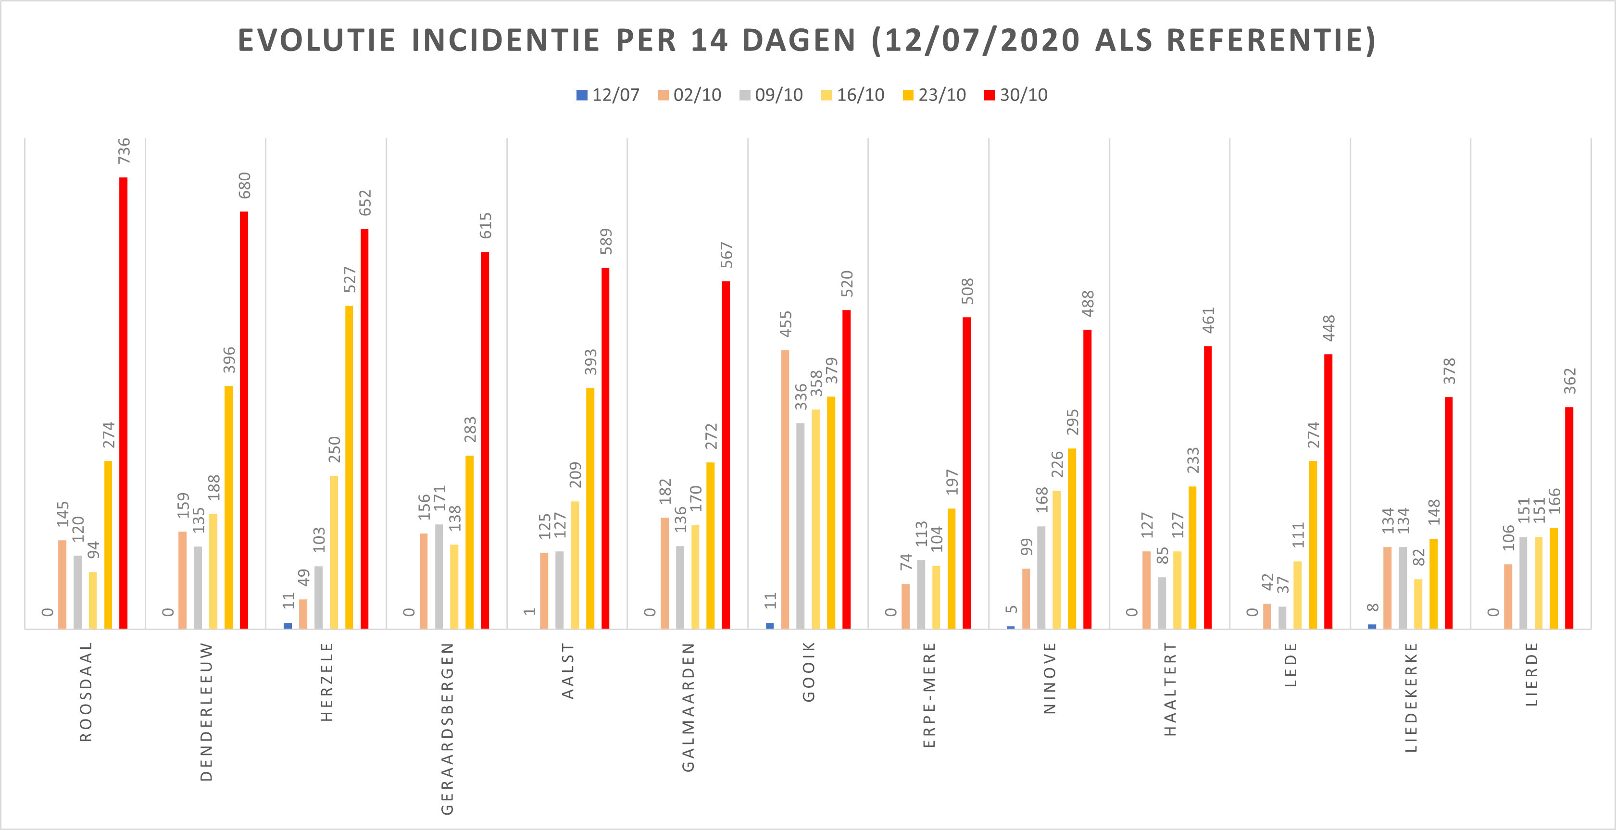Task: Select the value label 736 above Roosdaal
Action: (124, 151)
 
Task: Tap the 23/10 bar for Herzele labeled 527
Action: (349, 467)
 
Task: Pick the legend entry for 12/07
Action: (608, 95)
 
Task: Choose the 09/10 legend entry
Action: (771, 95)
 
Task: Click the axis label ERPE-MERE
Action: (929, 694)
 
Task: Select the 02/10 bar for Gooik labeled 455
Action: (785, 489)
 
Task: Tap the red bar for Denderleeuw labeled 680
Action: (244, 420)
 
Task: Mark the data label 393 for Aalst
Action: (591, 362)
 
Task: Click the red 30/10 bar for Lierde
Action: (1569, 518)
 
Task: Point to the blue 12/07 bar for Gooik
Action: (770, 626)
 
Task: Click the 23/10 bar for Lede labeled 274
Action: (1313, 545)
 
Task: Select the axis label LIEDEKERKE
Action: (1411, 697)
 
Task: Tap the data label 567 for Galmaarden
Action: (727, 255)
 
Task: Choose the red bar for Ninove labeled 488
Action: (1087, 479)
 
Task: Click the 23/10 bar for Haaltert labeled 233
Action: (1192, 557)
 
